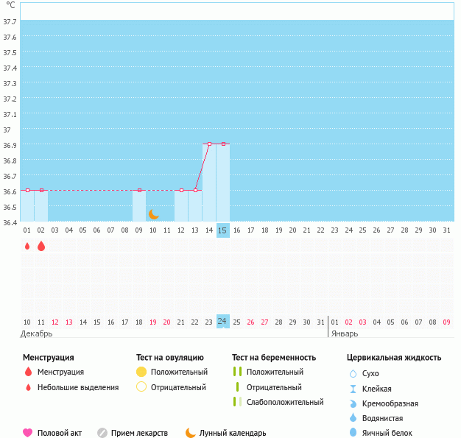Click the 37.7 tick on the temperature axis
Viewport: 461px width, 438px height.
click(10, 21)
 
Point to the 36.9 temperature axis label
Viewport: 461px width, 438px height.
click(10, 145)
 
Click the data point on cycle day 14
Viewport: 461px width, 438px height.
click(209, 144)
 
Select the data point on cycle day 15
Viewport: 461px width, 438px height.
click(223, 144)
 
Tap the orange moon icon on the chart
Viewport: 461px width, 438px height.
click(153, 214)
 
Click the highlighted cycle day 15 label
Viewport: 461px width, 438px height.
click(223, 230)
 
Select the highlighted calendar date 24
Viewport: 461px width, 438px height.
click(223, 321)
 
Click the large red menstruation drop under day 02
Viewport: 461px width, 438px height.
click(41, 246)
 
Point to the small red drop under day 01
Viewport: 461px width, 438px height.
click(27, 247)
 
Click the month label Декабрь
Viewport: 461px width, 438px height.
click(36, 333)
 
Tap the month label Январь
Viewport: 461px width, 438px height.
click(345, 333)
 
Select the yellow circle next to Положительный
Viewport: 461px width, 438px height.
click(141, 372)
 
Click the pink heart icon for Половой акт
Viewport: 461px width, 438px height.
click(28, 433)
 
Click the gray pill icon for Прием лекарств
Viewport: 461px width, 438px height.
click(102, 433)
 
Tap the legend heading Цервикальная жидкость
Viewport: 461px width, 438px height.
click(394, 358)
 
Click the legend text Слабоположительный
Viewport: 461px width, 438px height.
click(285, 402)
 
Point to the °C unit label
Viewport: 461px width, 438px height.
click(10, 5)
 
